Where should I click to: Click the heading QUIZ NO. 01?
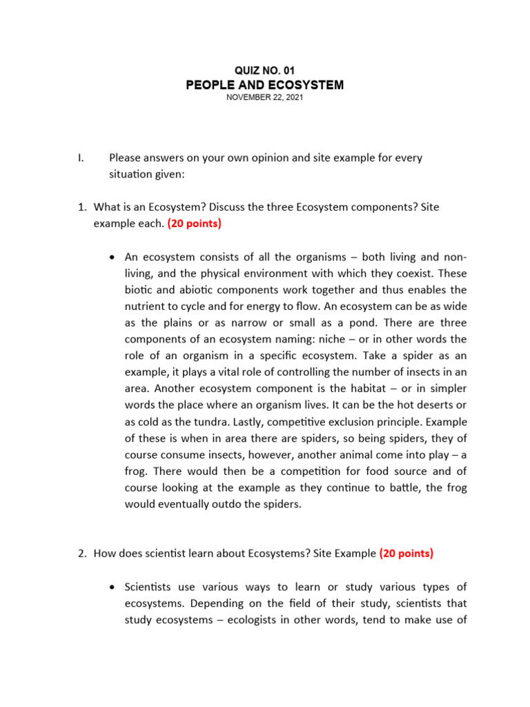264,70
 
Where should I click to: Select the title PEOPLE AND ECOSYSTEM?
264,85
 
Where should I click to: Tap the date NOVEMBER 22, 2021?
264,98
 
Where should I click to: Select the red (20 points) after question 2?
406,553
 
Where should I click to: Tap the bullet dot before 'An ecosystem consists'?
113,257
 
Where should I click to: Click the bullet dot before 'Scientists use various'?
113,587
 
